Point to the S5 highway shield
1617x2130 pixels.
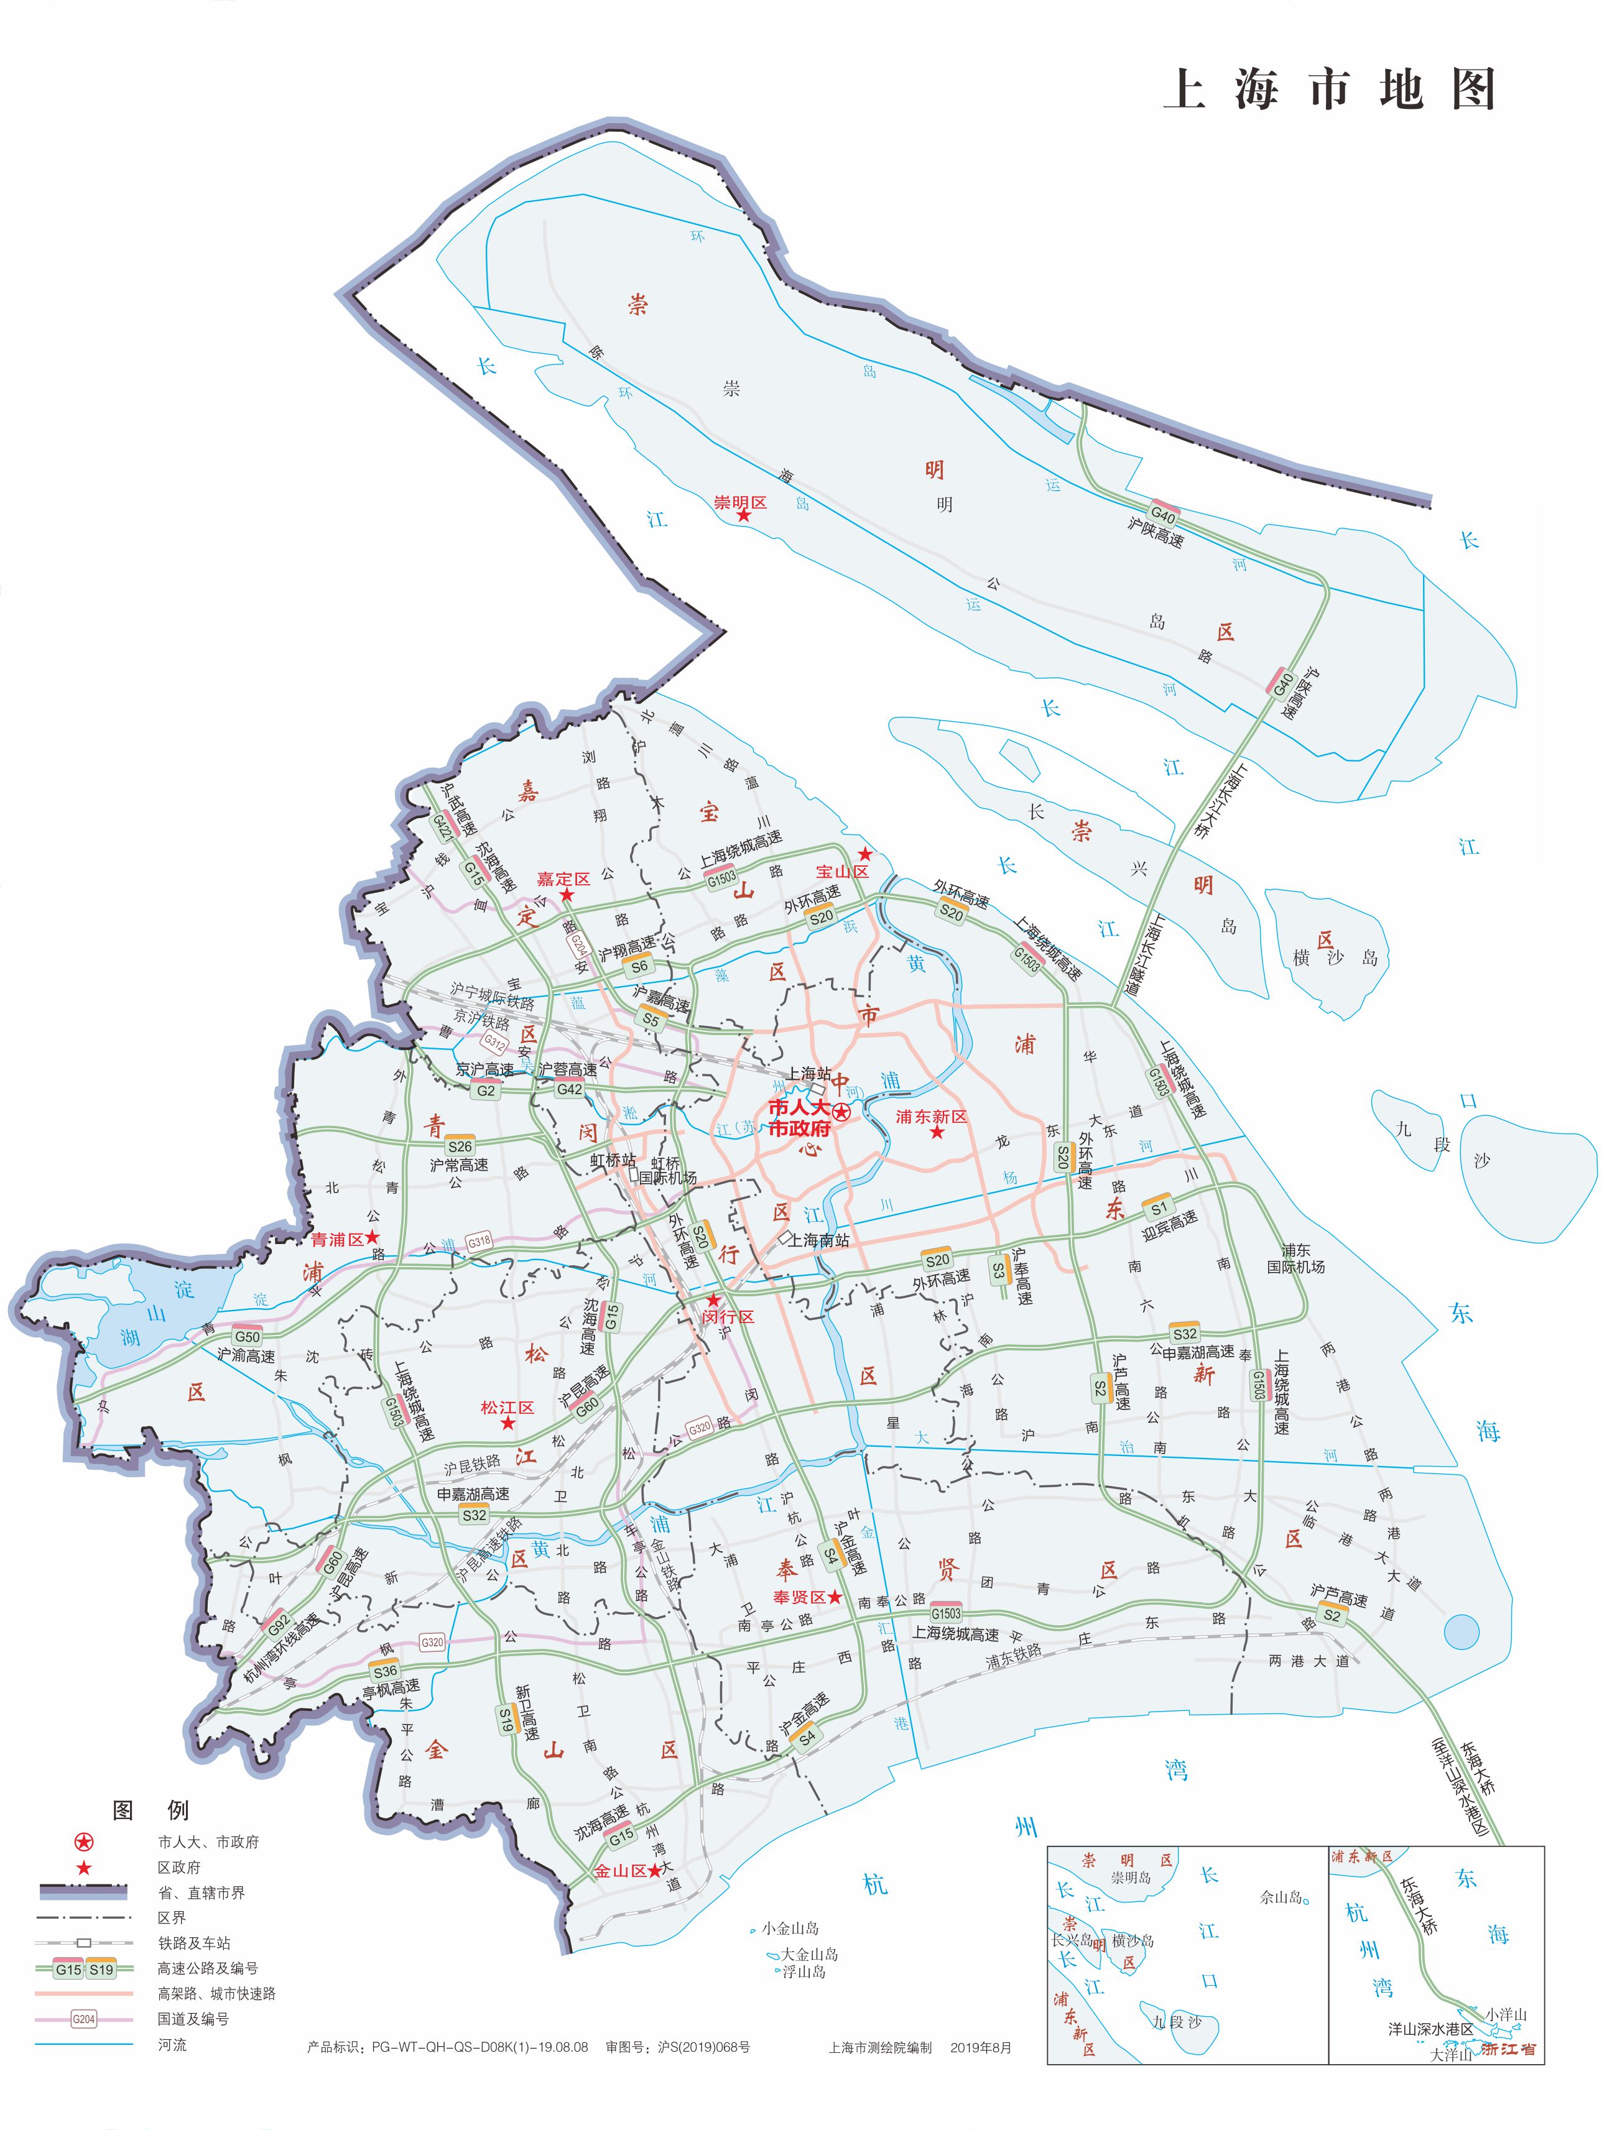tap(651, 1020)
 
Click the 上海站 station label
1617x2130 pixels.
tap(809, 1072)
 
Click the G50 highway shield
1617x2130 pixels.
tap(248, 1337)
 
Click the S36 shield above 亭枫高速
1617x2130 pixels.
tap(385, 1671)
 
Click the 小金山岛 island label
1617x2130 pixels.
tap(790, 1928)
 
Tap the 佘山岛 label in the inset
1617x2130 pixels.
tap(1281, 1897)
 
